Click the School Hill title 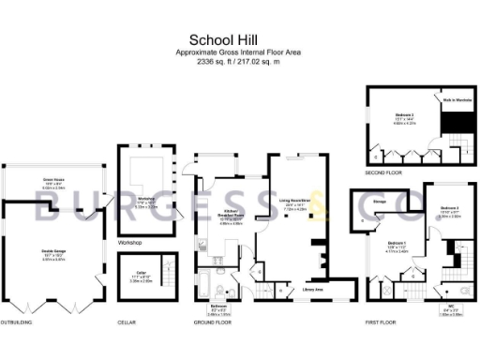pyautogui.click(x=239, y=39)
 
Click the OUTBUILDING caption pyautogui.click(x=18, y=322)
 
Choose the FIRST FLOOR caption pyautogui.click(x=380, y=322)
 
